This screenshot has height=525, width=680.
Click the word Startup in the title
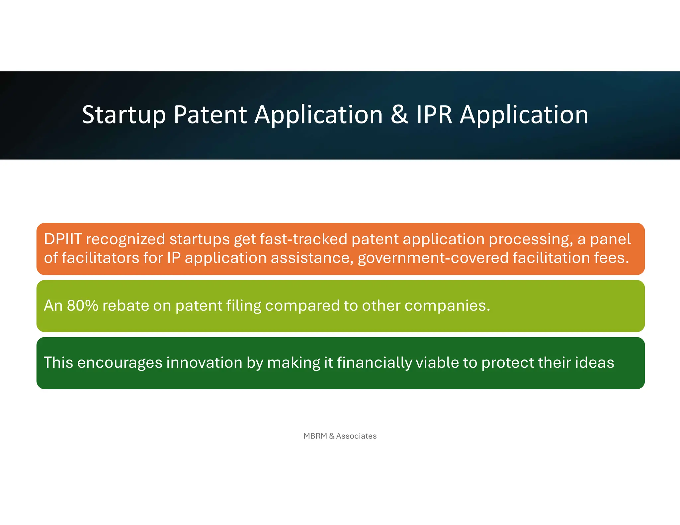coord(124,115)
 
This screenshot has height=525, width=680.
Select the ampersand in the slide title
coord(399,115)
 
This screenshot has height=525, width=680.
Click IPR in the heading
coord(434,115)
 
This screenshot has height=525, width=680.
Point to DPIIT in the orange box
coord(63,239)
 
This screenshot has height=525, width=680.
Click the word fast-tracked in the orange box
coord(303,239)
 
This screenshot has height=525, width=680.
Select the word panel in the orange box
coord(610,239)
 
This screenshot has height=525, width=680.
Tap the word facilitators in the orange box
coord(100,258)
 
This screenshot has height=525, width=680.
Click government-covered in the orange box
coord(433,258)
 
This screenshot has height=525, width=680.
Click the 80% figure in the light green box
coord(82,306)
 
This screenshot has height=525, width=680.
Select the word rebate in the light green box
coord(126,306)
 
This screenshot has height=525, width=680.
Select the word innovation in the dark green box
coord(204,363)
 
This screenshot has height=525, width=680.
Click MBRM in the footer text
coord(315,436)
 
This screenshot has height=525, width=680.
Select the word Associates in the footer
coord(356,436)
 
